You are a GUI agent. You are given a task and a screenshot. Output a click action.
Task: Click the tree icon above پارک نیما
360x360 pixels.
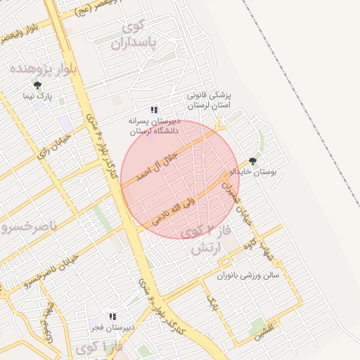click(37, 85)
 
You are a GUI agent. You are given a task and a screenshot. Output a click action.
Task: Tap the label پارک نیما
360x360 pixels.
click(37, 96)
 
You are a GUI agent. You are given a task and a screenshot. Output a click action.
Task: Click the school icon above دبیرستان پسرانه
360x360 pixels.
click(154, 110)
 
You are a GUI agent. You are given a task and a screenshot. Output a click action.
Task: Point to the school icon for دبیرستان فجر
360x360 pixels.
click(112, 317)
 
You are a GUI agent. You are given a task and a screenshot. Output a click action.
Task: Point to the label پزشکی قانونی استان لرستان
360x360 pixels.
click(208, 99)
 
